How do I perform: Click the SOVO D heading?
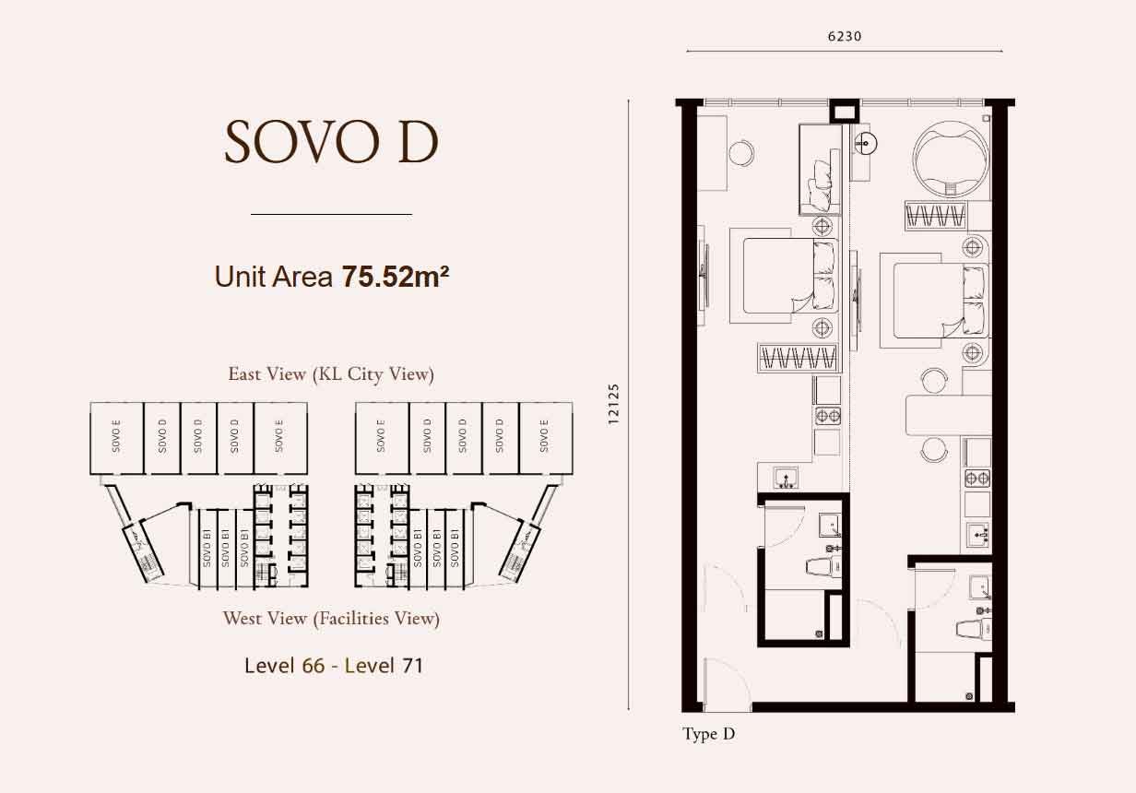332,142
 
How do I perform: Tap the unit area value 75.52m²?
396,277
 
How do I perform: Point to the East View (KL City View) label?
331,374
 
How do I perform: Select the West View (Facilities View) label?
331,619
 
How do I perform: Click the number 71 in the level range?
412,666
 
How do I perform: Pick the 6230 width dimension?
845,36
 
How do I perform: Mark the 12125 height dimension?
614,404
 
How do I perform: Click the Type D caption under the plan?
708,734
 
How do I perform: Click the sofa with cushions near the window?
821,171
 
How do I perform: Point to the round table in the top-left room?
741,153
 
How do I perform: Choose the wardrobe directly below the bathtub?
936,216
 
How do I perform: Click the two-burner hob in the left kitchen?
828,416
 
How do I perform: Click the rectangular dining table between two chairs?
948,415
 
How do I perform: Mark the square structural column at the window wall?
845,111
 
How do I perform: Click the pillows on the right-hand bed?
975,301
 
